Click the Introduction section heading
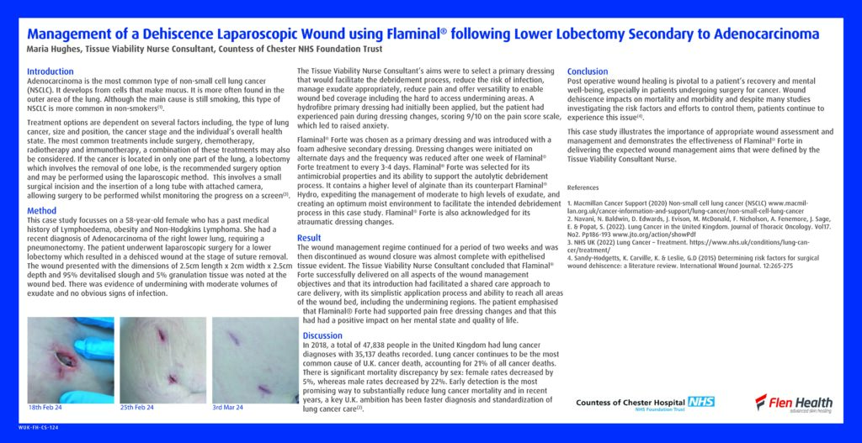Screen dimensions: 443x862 [51, 71]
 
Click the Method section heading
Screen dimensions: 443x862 [42, 211]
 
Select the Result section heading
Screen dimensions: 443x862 [309, 238]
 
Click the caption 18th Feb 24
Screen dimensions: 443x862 [46, 408]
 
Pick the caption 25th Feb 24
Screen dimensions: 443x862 [137, 408]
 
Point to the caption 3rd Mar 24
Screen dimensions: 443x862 [227, 408]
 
